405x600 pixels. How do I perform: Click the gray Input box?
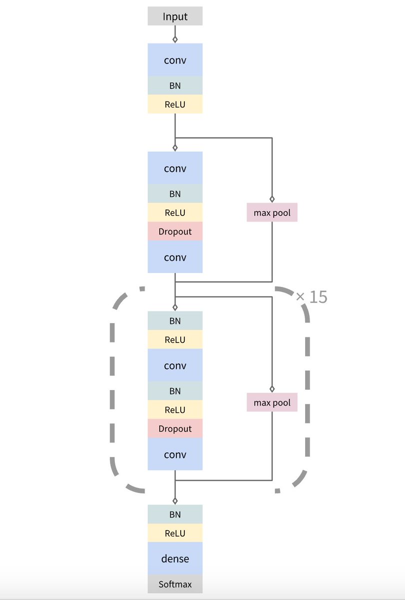point(175,16)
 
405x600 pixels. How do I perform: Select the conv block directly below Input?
point(175,60)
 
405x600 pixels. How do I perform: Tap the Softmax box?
point(175,584)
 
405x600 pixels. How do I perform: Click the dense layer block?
point(175,558)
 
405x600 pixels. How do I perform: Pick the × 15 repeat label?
point(312,297)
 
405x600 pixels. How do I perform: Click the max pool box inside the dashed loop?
point(272,402)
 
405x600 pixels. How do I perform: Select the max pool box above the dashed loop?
point(272,213)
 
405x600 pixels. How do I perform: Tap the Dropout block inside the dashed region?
point(175,429)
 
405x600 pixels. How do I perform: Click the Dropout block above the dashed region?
point(175,231)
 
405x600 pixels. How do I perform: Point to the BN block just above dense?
point(175,514)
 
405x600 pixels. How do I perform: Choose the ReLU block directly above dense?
point(175,533)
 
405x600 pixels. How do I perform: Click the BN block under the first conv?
point(175,85)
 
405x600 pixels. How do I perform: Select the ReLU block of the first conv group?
point(175,104)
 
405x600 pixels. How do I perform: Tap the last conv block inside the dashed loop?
point(175,454)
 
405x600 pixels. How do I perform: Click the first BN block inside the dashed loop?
point(175,321)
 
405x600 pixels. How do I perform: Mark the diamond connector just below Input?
point(175,38)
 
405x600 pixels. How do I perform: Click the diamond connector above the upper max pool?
point(272,198)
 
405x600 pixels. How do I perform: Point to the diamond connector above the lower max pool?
point(272,388)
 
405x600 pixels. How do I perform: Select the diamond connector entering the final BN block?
point(175,500)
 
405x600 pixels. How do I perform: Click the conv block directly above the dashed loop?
point(175,257)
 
